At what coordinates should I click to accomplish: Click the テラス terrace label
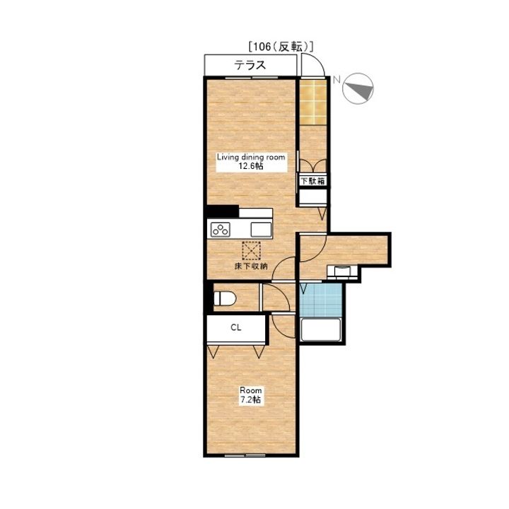point(250,65)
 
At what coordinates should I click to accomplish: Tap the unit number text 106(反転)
point(281,47)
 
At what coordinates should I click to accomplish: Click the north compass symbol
point(358,88)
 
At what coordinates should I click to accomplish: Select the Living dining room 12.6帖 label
point(251,162)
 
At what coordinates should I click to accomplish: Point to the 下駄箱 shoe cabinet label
point(312,181)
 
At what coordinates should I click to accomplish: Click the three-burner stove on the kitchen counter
point(221,230)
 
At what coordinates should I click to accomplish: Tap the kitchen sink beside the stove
point(261,230)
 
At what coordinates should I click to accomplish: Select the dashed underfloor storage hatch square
point(251,250)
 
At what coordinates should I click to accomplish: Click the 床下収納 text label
point(251,267)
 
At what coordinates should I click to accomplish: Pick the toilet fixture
point(225,298)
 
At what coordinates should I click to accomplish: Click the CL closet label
point(236,327)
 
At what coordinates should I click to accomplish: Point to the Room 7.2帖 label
point(250,394)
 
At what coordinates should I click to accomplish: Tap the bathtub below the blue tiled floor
point(321,330)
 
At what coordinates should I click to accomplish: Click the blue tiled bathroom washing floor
point(321,300)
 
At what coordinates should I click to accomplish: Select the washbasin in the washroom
point(342,271)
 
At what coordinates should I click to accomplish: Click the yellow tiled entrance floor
point(312,102)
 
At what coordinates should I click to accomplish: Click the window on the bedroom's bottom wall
point(245,455)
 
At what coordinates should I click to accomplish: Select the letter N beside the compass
point(337,80)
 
